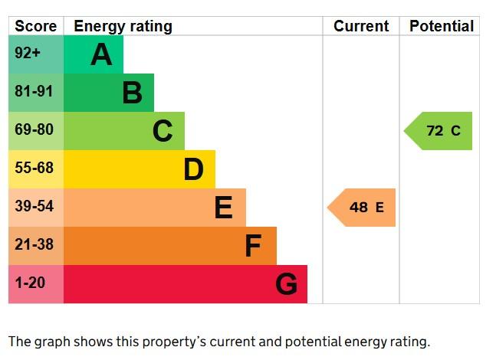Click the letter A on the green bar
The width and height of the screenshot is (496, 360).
click(x=101, y=54)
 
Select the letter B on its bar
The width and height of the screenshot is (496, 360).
click(x=132, y=93)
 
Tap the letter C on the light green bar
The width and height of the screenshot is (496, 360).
click(x=163, y=131)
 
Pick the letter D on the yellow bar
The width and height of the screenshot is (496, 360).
click(x=193, y=169)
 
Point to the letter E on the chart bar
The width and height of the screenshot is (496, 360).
click(x=223, y=208)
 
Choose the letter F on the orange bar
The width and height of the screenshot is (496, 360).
click(x=253, y=246)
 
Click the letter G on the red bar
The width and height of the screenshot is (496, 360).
click(x=286, y=284)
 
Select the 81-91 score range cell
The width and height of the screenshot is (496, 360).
click(x=35, y=93)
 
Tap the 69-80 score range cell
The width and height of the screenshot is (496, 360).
click(x=35, y=131)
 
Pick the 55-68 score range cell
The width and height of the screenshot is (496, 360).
click(x=35, y=169)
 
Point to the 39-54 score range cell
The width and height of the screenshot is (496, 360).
click(x=35, y=208)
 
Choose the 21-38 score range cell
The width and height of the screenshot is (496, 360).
click(x=35, y=246)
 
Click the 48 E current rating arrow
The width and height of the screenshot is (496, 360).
click(x=363, y=208)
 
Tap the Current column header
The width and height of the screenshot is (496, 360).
click(x=361, y=26)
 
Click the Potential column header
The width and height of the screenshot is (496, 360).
click(x=441, y=26)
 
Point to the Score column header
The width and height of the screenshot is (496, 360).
click(x=36, y=26)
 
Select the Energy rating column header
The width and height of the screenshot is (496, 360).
click(x=123, y=26)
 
